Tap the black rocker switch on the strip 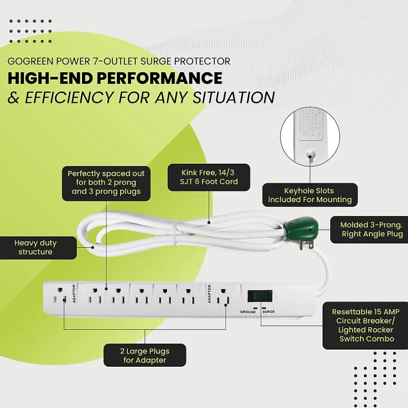260,296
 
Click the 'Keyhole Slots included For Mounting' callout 310,195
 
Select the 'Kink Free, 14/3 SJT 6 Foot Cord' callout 209,177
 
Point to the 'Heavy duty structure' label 36,247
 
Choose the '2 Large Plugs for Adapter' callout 145,355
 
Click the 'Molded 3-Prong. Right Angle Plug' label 372,230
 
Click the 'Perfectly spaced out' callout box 106,182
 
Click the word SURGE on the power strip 269,312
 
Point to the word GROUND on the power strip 248,312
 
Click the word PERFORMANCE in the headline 162,78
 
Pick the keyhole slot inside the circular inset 310,153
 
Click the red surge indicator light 263,308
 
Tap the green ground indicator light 256,308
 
